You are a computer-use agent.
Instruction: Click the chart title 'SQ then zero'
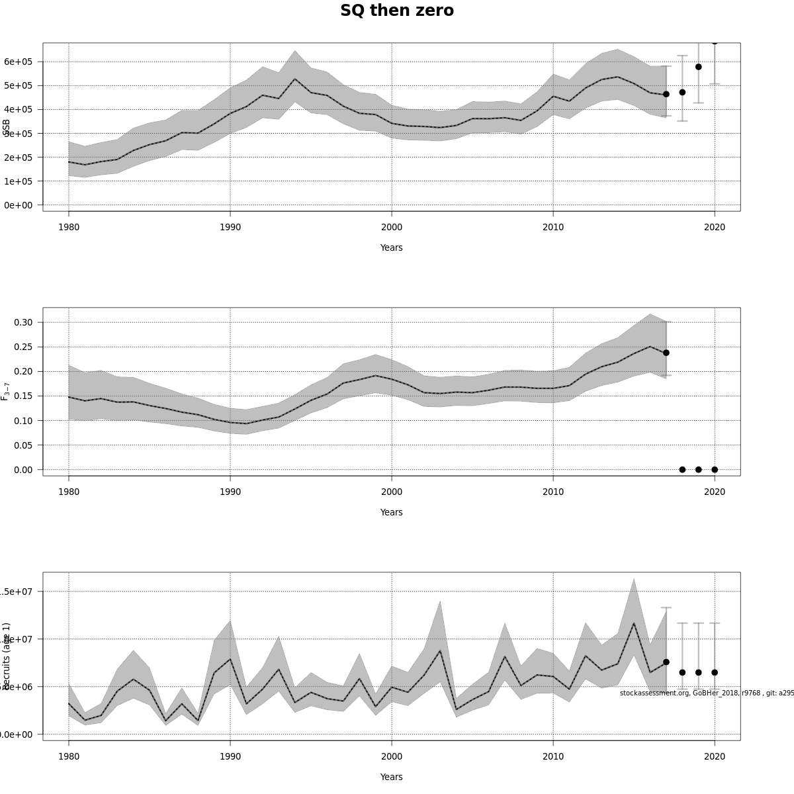[x=397, y=11]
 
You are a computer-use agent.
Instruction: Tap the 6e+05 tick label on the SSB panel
[x=19, y=62]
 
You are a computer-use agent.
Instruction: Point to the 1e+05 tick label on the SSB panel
[x=19, y=181]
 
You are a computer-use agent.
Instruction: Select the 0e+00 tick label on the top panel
[x=19, y=205]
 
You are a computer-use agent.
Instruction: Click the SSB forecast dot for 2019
[x=698, y=67]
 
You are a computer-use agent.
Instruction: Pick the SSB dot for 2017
[x=666, y=94]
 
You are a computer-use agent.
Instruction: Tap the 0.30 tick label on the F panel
[x=24, y=322]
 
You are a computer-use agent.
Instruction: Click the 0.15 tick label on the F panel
[x=24, y=396]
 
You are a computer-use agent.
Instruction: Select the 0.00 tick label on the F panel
[x=24, y=470]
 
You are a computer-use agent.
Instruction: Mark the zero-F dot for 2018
[x=682, y=470]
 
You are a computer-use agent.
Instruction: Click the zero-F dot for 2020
[x=715, y=470]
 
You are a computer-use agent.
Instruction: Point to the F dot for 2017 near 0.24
[x=666, y=353]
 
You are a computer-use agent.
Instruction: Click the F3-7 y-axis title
[x=5, y=391]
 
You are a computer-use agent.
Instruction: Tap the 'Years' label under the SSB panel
[x=391, y=247]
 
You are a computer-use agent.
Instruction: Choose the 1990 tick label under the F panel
[x=230, y=492]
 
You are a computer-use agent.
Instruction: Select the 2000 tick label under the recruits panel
[x=392, y=756]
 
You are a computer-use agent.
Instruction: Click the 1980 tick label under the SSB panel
[x=69, y=227]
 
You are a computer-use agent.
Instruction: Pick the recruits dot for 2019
[x=698, y=672]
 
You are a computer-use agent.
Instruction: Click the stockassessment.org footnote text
[x=706, y=693]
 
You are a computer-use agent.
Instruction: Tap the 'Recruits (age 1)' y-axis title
[x=6, y=656]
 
